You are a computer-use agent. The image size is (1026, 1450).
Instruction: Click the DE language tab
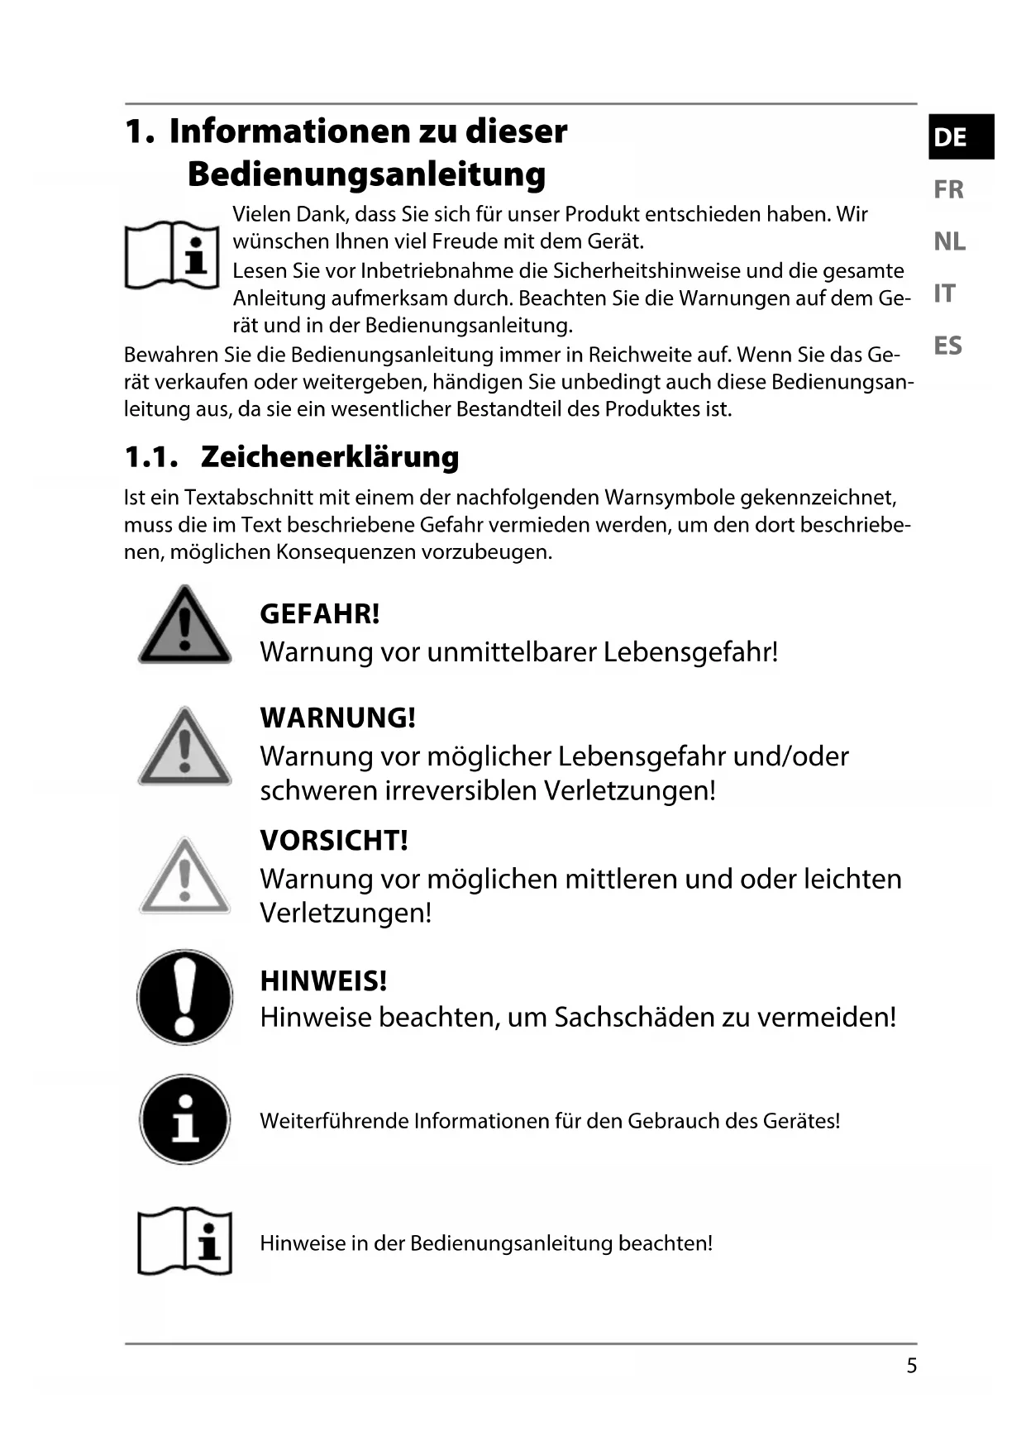pyautogui.click(x=958, y=136)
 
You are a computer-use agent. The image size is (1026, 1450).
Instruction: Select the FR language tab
pyautogui.click(x=948, y=189)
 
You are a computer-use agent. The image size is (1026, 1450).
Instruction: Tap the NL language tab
pyautogui.click(x=949, y=241)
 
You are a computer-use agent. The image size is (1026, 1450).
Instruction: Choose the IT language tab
pyautogui.click(x=944, y=293)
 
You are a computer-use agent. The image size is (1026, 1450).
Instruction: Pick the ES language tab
pyautogui.click(x=947, y=346)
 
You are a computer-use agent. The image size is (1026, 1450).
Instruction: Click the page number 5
pyautogui.click(x=911, y=1366)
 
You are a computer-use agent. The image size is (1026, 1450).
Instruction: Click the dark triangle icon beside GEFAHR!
pyautogui.click(x=184, y=626)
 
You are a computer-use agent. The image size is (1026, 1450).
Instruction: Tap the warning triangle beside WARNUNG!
pyautogui.click(x=184, y=746)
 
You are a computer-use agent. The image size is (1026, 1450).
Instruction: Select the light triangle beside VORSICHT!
pyautogui.click(x=184, y=876)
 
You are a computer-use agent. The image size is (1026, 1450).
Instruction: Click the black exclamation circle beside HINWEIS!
pyautogui.click(x=184, y=997)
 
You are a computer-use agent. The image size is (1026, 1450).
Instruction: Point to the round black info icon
pyautogui.click(x=184, y=1119)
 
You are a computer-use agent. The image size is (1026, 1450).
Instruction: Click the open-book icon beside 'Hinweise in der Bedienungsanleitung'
pyautogui.click(x=184, y=1241)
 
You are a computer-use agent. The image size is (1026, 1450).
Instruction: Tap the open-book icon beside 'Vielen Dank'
pyautogui.click(x=172, y=254)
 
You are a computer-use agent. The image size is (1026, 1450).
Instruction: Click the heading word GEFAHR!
pyautogui.click(x=320, y=614)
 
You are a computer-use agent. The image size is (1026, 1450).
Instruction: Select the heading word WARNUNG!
pyautogui.click(x=337, y=718)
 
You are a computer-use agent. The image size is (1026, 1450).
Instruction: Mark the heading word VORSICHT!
pyautogui.click(x=334, y=841)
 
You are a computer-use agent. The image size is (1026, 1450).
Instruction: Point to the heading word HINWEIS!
pyautogui.click(x=323, y=981)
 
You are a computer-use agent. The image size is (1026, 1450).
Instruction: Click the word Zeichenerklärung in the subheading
pyautogui.click(x=330, y=457)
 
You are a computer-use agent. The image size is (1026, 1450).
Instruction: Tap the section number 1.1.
pyautogui.click(x=150, y=457)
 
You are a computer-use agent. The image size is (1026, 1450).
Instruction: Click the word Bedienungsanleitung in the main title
pyautogui.click(x=366, y=174)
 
